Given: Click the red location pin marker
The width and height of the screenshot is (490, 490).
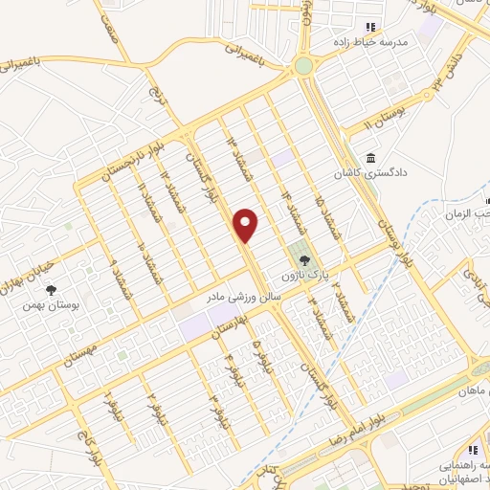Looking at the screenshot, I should click(x=247, y=224).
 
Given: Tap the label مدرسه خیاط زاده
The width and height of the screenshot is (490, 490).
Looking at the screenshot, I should click(x=395, y=43).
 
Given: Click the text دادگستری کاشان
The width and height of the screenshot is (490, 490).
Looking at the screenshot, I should click(x=364, y=175).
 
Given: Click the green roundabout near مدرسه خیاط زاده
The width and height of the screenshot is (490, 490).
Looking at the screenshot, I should click(x=304, y=66).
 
